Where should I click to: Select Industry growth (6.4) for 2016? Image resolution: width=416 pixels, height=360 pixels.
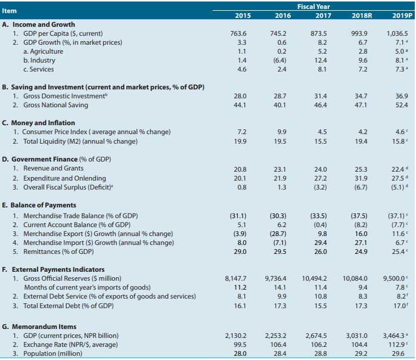click(278, 60)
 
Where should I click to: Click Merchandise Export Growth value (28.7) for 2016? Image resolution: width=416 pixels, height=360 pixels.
click(278, 234)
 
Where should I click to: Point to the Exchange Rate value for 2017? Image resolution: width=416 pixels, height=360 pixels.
click(318, 345)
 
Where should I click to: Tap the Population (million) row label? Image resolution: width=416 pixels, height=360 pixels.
click(50, 354)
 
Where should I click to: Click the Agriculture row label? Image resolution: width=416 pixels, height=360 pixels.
click(42, 51)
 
